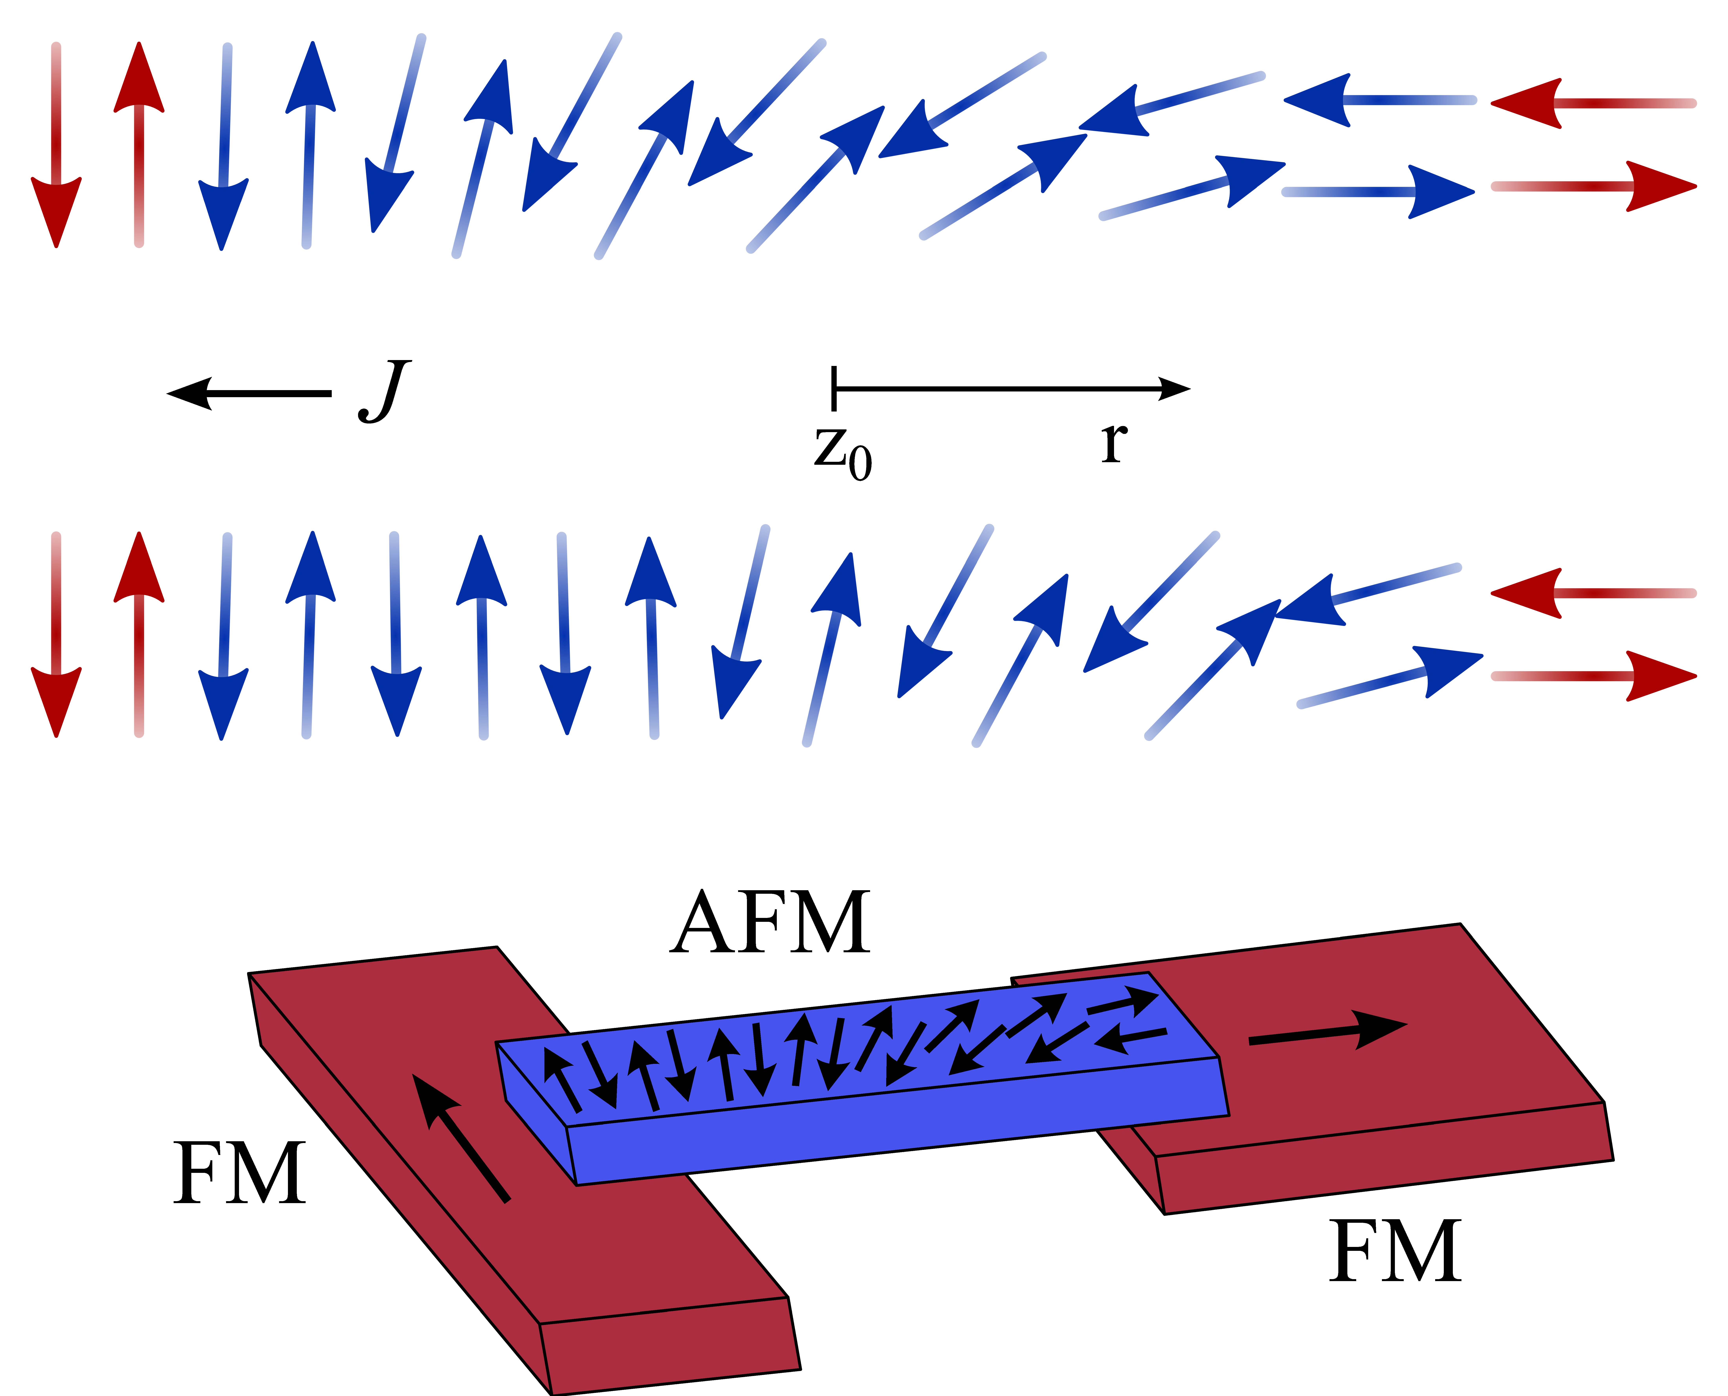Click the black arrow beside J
249,393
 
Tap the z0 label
842,453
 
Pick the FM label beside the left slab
240,1174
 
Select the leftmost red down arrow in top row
56,145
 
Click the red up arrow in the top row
139,145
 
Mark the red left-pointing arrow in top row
1592,103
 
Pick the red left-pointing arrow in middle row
1592,593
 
